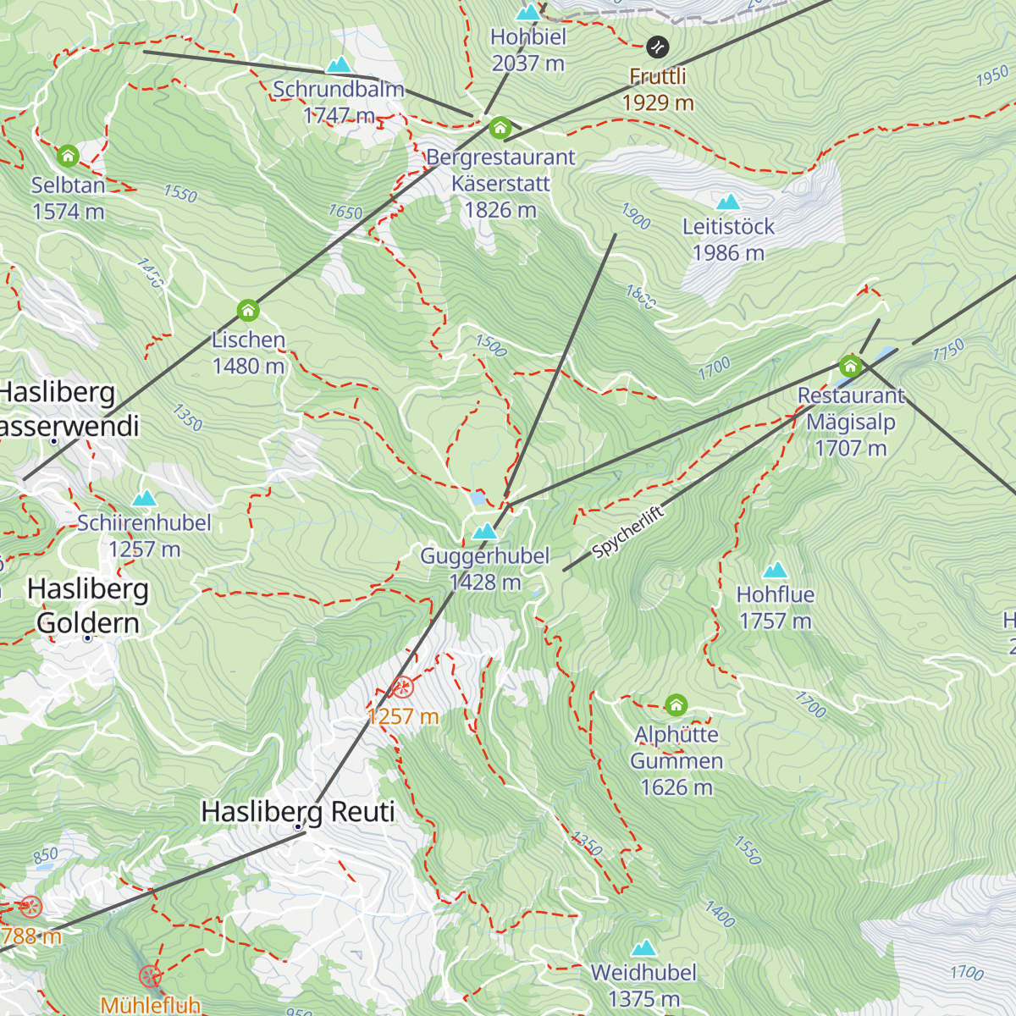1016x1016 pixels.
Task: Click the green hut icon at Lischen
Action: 248,311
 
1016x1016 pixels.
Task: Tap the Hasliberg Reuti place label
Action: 298,811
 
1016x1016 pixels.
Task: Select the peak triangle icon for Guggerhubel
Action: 485,532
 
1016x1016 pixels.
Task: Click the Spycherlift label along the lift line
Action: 627,533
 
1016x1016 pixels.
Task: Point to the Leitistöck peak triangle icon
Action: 728,202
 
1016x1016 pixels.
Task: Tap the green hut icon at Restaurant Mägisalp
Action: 850,366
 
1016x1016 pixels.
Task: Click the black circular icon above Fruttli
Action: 658,47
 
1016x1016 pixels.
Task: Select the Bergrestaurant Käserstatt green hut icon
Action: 500,128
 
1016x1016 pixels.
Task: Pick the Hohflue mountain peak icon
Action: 776,571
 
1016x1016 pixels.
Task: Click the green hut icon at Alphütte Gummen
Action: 676,704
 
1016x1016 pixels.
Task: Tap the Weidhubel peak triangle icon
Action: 644,947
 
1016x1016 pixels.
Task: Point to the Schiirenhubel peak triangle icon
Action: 144,498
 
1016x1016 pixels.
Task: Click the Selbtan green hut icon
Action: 68,156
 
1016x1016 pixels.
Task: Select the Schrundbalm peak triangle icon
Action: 339,65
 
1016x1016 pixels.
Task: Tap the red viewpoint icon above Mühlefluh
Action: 150,976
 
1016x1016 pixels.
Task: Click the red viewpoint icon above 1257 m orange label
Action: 403,687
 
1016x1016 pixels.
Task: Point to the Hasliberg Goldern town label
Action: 88,605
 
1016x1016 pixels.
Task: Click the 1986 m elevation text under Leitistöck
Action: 728,253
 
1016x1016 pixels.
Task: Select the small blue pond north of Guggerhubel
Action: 479,498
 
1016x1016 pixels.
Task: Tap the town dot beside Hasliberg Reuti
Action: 298,826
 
